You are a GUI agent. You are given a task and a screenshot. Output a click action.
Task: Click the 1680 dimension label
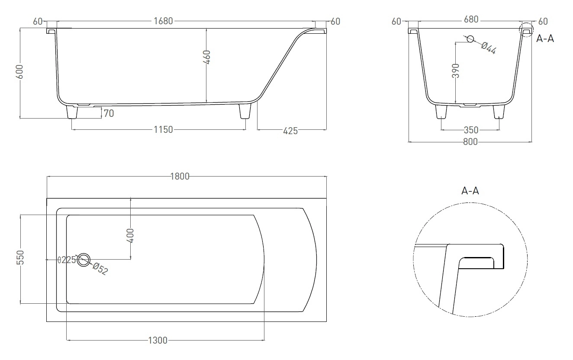pyautogui.click(x=163, y=21)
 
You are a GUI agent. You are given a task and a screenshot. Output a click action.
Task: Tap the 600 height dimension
pyautogui.click(x=20, y=71)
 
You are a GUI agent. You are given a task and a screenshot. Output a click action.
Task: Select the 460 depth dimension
pyautogui.click(x=207, y=57)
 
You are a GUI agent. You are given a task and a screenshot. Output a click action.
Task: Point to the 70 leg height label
pyautogui.click(x=109, y=113)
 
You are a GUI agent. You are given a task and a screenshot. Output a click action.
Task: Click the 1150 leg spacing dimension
pyautogui.click(x=163, y=130)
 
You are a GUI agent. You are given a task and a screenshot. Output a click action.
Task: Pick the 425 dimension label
pyautogui.click(x=290, y=131)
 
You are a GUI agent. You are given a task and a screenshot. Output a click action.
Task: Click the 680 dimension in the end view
pyautogui.click(x=471, y=19)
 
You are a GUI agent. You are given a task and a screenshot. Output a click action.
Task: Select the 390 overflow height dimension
pyautogui.click(x=456, y=71)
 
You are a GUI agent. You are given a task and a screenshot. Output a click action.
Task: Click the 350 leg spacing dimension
pyautogui.click(x=471, y=130)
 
